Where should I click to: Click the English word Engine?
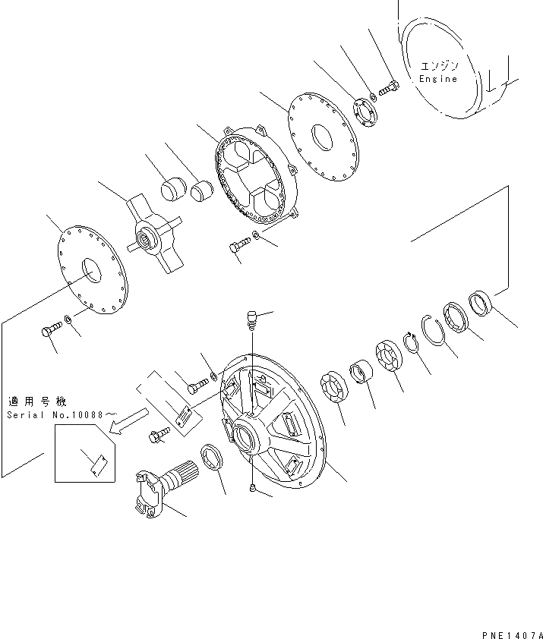point(438,78)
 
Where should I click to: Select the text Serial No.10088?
point(62,415)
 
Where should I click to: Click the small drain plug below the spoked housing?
point(253,490)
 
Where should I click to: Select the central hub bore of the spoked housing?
point(249,438)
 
